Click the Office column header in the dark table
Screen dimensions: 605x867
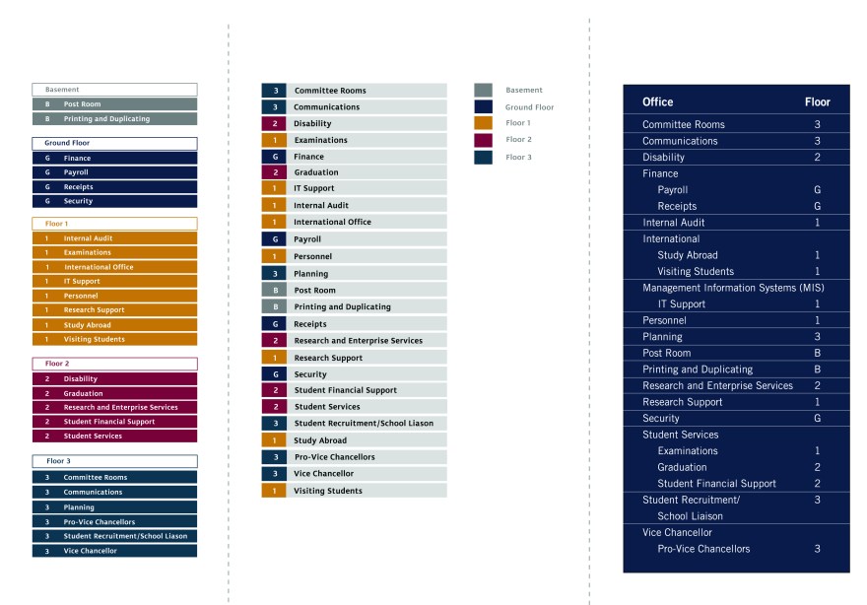(x=658, y=102)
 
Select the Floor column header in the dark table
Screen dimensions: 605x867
(x=817, y=102)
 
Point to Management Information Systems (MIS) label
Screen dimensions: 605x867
(x=732, y=288)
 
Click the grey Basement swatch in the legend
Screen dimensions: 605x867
(x=483, y=91)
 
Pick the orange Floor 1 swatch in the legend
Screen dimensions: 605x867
(x=483, y=123)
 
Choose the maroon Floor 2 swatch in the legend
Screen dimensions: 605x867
(x=483, y=140)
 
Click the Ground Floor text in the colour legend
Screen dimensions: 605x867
(x=529, y=107)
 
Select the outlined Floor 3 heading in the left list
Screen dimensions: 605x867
(x=114, y=461)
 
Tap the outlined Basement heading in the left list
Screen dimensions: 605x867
(x=114, y=90)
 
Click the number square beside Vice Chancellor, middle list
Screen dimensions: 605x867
(x=274, y=474)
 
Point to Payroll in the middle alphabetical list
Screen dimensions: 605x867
(x=307, y=239)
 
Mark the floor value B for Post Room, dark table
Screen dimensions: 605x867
(x=817, y=353)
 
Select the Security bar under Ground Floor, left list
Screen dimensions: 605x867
(x=114, y=201)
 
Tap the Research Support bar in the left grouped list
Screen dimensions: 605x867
(x=114, y=310)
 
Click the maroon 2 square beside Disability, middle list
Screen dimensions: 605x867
(x=274, y=124)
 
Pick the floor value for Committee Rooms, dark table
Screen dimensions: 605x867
(x=817, y=125)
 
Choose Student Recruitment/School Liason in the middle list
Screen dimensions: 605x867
(x=364, y=424)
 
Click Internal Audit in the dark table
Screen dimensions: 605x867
(x=673, y=223)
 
